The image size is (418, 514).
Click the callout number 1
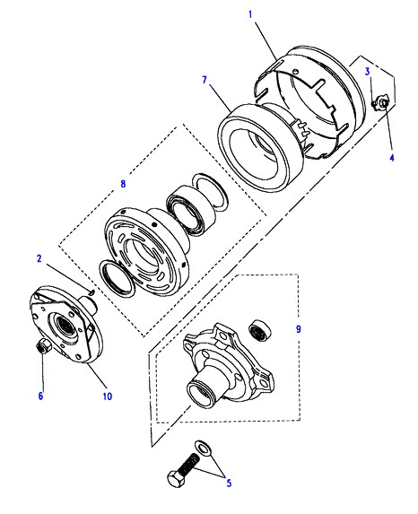pyautogui.click(x=250, y=14)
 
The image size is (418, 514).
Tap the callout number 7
pyautogui.click(x=205, y=80)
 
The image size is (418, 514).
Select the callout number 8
pyautogui.click(x=123, y=184)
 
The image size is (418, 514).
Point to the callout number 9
pyautogui.click(x=299, y=329)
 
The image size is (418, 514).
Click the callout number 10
pyautogui.click(x=108, y=396)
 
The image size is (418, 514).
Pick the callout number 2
pyautogui.click(x=39, y=258)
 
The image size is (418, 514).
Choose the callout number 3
pyautogui.click(x=368, y=72)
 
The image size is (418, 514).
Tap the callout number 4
pyautogui.click(x=392, y=158)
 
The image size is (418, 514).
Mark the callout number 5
pyautogui.click(x=229, y=483)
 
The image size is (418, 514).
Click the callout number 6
pyautogui.click(x=40, y=396)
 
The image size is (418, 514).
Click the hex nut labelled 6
pyautogui.click(x=43, y=346)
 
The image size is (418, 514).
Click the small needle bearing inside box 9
pyautogui.click(x=260, y=328)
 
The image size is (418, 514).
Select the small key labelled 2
pyautogui.click(x=91, y=291)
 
